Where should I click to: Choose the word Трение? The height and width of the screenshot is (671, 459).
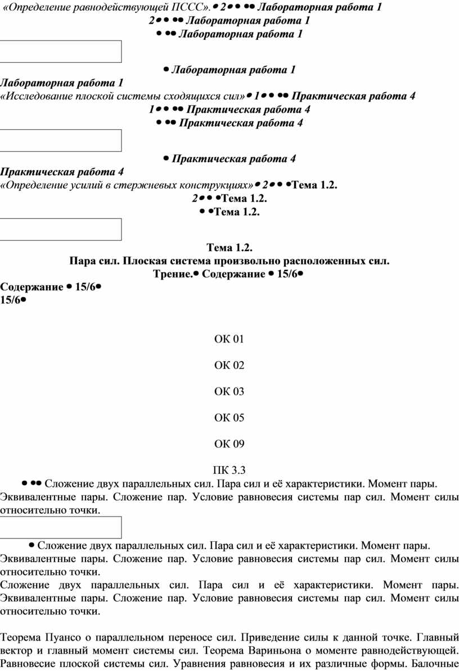pos(173,274)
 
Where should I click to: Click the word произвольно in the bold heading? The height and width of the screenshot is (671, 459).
pos(254,261)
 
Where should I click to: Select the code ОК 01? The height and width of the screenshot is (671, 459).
pos(229,339)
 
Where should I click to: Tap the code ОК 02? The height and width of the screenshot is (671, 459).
pos(229,366)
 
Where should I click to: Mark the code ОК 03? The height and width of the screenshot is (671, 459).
pos(229,392)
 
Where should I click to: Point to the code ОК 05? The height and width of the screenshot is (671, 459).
pos(229,418)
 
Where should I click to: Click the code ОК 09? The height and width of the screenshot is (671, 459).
pos(229,445)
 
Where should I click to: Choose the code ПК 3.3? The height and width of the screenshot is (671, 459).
pos(229,471)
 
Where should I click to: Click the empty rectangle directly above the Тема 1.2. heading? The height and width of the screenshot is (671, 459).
pos(61,229)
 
